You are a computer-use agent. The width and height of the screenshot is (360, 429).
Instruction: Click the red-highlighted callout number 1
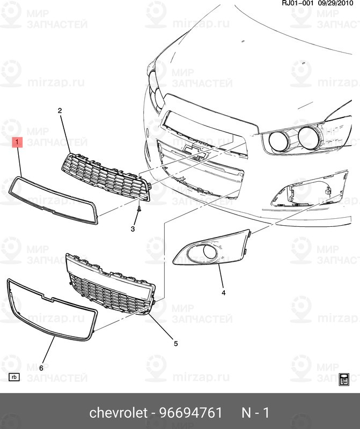18,142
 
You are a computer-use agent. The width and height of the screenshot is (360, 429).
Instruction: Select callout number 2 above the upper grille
60,110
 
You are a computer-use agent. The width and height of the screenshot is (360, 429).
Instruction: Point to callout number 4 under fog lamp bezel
223,293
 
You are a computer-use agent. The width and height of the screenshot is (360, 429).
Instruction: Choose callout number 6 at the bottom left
41,367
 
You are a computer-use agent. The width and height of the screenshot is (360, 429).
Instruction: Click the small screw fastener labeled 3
139,209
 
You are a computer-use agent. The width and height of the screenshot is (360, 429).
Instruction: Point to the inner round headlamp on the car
279,140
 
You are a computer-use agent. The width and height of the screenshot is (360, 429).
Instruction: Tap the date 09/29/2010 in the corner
338,4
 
